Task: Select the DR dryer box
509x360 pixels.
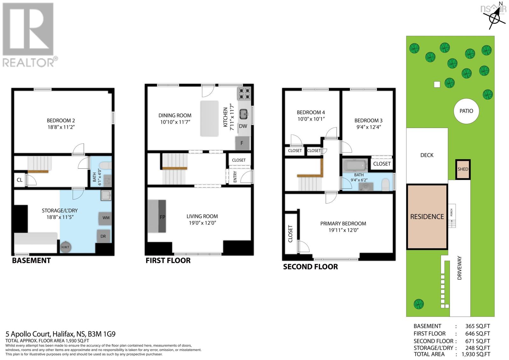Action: (x=103, y=236)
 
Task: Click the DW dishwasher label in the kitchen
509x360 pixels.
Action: (x=243, y=126)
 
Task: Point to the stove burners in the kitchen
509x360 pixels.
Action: (x=244, y=94)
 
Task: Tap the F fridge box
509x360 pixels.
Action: (x=242, y=143)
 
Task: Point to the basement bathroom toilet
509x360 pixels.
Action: (x=105, y=166)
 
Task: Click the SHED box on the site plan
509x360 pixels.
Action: (x=463, y=169)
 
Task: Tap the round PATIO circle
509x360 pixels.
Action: (x=466, y=111)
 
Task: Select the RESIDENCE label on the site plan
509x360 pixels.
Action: (x=427, y=216)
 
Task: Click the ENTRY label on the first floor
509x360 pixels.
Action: (x=235, y=177)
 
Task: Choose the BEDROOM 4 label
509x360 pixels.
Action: (x=310, y=112)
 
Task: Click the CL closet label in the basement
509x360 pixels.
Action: (x=19, y=180)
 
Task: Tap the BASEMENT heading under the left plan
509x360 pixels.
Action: (x=31, y=261)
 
